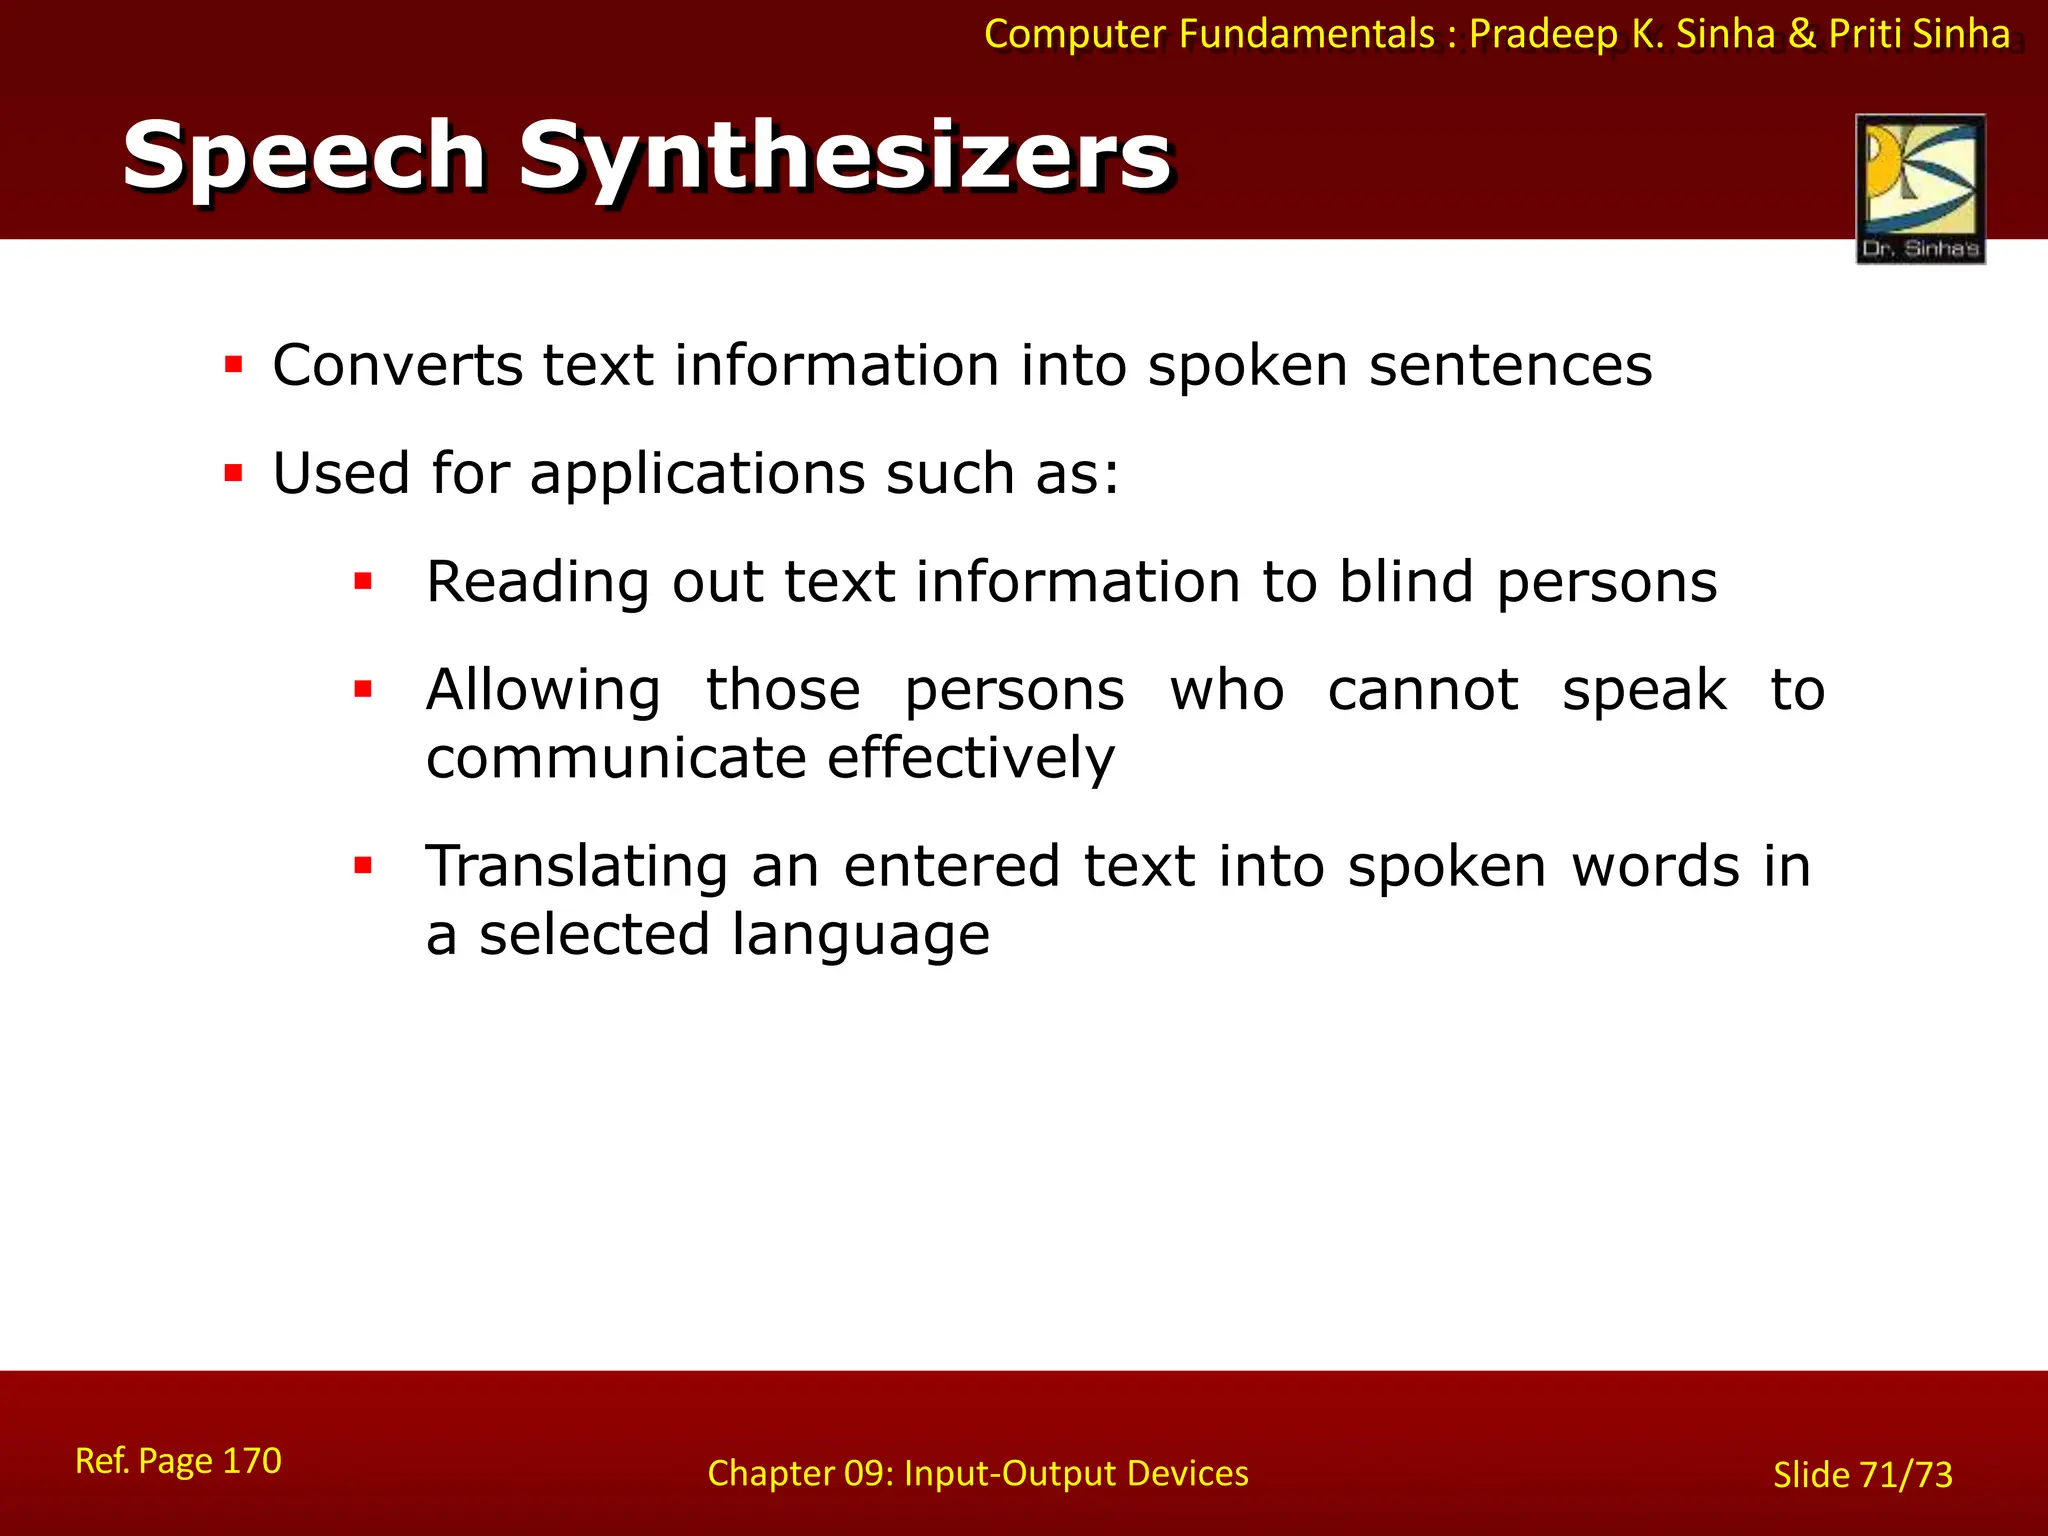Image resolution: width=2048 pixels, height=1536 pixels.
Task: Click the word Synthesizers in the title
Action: click(845, 156)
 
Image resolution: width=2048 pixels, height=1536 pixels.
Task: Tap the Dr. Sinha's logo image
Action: click(1920, 188)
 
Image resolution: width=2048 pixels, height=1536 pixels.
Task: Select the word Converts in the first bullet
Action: click(397, 365)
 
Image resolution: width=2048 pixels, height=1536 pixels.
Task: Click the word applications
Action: click(697, 474)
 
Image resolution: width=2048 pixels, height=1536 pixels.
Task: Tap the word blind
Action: click(1406, 582)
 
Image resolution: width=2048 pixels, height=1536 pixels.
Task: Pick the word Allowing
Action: click(543, 690)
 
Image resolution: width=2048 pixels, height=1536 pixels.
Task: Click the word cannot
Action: click(1423, 690)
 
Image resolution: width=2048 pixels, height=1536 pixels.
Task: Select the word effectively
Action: click(970, 758)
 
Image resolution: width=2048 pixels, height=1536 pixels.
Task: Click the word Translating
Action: click(577, 867)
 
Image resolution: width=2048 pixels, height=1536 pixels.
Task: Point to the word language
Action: click(860, 935)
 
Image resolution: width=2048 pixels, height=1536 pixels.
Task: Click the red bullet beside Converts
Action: click(234, 364)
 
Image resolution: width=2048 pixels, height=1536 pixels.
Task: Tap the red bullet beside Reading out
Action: click(363, 581)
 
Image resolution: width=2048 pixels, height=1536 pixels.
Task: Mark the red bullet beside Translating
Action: click(363, 865)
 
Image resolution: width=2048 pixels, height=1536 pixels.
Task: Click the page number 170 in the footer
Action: click(251, 1461)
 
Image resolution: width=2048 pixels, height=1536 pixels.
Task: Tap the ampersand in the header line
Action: click(1801, 34)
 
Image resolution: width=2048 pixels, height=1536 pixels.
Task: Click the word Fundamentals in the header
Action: click(1306, 34)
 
